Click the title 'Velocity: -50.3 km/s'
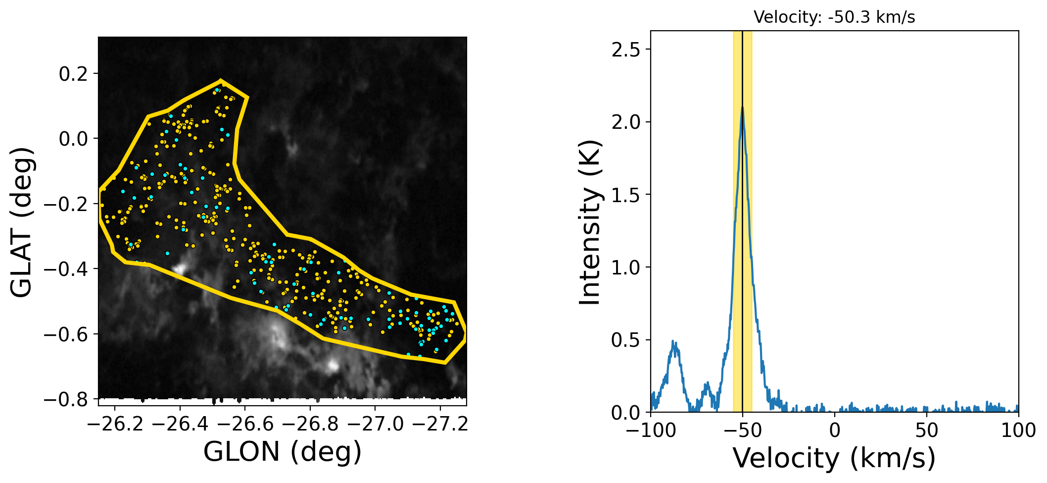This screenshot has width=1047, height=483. click(x=834, y=17)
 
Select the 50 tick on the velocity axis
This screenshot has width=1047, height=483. click(x=926, y=430)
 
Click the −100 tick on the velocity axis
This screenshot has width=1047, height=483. click(x=651, y=430)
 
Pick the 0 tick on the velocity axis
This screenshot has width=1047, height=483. click(x=835, y=430)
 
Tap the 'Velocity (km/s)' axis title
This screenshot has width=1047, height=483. click(x=834, y=458)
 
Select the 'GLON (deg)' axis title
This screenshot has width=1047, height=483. click(x=283, y=452)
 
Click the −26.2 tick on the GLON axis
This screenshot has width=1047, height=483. click(x=115, y=424)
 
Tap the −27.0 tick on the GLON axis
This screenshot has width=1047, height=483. click(x=376, y=424)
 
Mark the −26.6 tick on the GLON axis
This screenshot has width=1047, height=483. click(x=245, y=424)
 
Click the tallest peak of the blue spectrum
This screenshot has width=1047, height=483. click(x=742, y=107)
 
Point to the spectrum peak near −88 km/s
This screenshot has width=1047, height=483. click(x=673, y=341)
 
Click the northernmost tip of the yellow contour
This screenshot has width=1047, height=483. click(x=220, y=80)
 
